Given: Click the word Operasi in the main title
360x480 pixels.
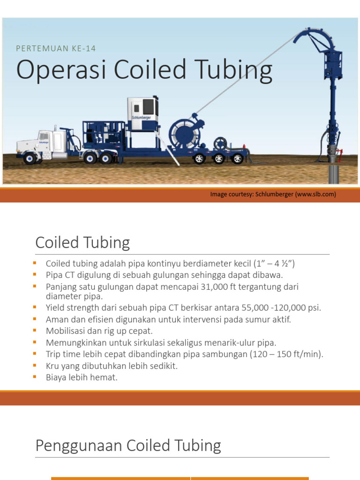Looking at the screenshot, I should (x=52, y=70).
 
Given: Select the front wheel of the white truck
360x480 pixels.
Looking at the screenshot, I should (x=30, y=158).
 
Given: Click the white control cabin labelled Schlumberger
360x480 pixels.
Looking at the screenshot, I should (x=143, y=114).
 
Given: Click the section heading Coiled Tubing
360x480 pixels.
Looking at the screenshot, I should (x=82, y=243).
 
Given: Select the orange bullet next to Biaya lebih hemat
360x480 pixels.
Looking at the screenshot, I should (x=35, y=376).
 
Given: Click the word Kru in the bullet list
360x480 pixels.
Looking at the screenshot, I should (x=52, y=366).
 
